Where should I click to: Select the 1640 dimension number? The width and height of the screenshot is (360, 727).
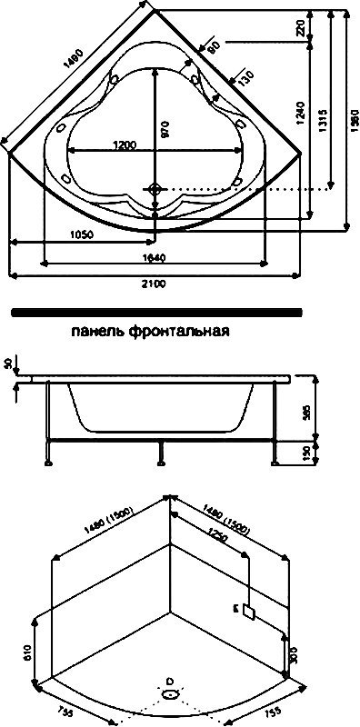(x=155, y=259)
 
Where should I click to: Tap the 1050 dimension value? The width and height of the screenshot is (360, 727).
(x=79, y=234)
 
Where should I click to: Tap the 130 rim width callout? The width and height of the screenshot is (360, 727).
(x=243, y=80)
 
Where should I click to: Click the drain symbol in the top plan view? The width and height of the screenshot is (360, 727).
(x=156, y=188)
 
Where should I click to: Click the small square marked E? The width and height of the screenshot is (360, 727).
(x=245, y=610)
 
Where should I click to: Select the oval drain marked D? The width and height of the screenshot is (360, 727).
(x=170, y=693)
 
